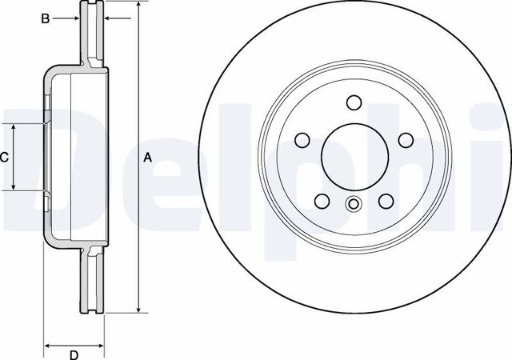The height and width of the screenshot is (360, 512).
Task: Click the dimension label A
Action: pyautogui.click(x=147, y=158)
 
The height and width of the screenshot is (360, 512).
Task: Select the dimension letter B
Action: pyautogui.click(x=46, y=17)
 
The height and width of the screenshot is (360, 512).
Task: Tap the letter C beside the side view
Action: pyautogui.click(x=4, y=158)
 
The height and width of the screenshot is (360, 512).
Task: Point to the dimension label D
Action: pyautogui.click(x=74, y=354)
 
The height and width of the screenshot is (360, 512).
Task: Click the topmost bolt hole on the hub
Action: pyautogui.click(x=354, y=102)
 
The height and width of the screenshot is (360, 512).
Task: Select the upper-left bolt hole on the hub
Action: pyautogui.click(x=302, y=141)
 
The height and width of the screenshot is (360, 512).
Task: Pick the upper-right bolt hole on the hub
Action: pyautogui.click(x=406, y=141)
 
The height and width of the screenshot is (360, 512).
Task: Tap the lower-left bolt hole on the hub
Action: pyautogui.click(x=322, y=202)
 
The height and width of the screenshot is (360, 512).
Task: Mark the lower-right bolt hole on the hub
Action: pyautogui.click(x=386, y=202)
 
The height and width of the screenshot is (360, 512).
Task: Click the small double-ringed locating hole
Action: pyautogui.click(x=354, y=204)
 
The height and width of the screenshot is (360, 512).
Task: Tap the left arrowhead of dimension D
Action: pyautogui.click(x=46, y=345)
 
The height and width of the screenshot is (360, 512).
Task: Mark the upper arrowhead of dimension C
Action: pyautogui.click(x=14, y=128)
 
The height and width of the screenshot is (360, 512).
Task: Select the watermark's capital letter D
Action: pyautogui.click(x=40, y=164)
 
